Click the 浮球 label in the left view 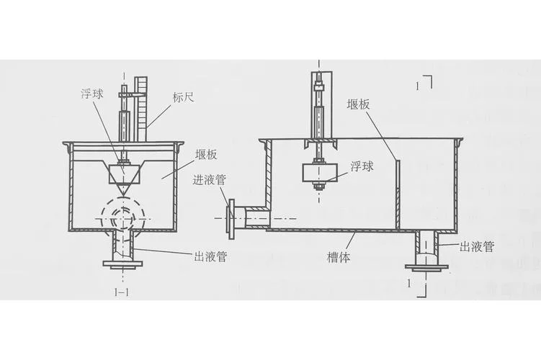click(92, 94)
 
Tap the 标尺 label click(183, 98)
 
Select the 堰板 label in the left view click(206, 155)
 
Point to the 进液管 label click(210, 180)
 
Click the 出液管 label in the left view click(210, 256)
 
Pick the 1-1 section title click(122, 292)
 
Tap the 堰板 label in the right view click(358, 104)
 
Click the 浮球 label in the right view click(362, 166)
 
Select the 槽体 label click(339, 257)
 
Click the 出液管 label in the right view click(477, 247)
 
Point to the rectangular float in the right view click(320, 173)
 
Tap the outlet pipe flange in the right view click(426, 266)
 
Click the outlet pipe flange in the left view click(122, 264)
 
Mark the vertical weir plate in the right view click(398, 194)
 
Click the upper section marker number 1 click(418, 86)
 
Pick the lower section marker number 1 click(409, 284)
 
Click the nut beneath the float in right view click(320, 187)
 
